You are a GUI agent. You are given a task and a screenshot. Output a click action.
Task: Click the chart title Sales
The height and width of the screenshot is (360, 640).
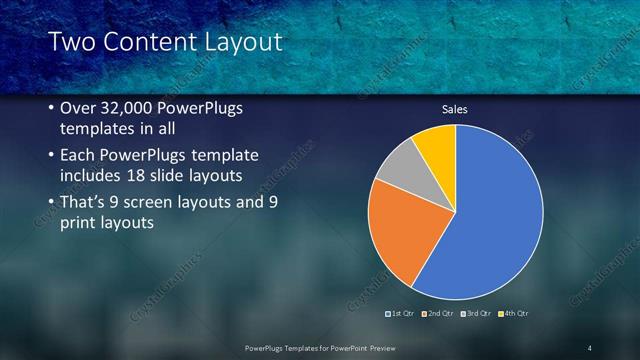(455, 109)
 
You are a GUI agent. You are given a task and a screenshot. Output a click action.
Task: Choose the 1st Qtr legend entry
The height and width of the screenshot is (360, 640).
(403, 314)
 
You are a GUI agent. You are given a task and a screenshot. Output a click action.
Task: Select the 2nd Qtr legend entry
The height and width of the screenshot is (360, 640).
(439, 314)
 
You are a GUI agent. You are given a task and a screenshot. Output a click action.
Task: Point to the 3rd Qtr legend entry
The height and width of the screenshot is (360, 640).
(476, 314)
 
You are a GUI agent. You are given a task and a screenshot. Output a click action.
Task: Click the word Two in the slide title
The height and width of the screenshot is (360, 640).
(70, 42)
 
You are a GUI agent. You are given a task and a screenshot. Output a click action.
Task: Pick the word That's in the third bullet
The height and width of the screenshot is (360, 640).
(88, 203)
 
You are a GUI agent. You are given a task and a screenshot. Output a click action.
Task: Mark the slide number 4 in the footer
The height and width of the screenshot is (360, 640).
(590, 347)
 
